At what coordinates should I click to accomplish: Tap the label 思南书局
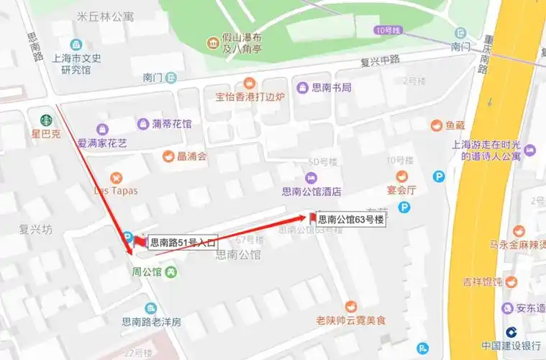pyautogui.click(x=332, y=87)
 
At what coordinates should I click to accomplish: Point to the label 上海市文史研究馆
pyautogui.click(x=76, y=64)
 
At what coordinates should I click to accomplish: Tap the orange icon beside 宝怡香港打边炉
pyautogui.click(x=250, y=82)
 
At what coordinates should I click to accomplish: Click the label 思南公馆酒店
pyautogui.click(x=311, y=192)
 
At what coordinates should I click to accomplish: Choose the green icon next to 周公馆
pyautogui.click(x=170, y=271)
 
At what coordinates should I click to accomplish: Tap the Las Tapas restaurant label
pyautogui.click(x=116, y=191)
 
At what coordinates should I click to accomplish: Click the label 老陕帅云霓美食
pyautogui.click(x=351, y=320)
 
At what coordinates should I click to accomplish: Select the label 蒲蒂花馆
pyautogui.click(x=171, y=124)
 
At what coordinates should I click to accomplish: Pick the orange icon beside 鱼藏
pyautogui.click(x=436, y=125)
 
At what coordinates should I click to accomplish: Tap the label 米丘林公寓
pyautogui.click(x=105, y=16)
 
